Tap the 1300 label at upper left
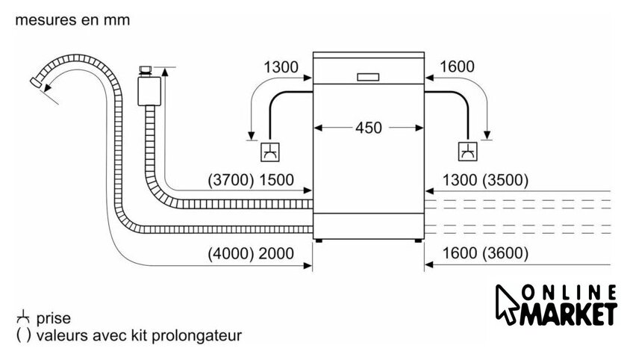[x=281, y=67]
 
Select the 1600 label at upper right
[x=458, y=67]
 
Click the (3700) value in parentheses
[x=232, y=180]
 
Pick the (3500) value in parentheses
[x=505, y=180]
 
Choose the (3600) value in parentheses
[x=505, y=253]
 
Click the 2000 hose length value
[x=277, y=253]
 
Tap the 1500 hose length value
[x=277, y=180]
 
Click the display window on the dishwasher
[x=369, y=76]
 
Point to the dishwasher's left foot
[x=320, y=240]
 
